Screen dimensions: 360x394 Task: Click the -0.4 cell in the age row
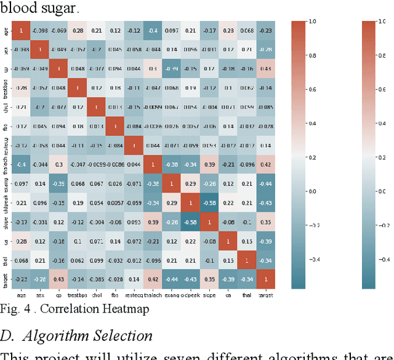(x=151, y=30)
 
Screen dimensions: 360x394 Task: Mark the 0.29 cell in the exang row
(x=190, y=183)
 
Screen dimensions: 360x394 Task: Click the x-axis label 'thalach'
(x=152, y=295)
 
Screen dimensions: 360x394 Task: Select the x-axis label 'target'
(x=266, y=295)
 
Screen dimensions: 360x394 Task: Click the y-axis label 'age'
(x=6, y=30)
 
